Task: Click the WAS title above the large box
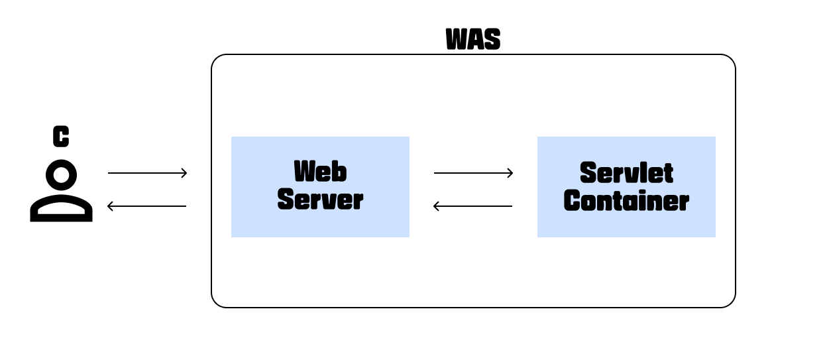click(x=473, y=40)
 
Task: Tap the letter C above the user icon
click(x=61, y=137)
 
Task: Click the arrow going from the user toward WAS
click(x=147, y=174)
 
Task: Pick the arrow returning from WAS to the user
click(x=147, y=206)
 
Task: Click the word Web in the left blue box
click(x=320, y=172)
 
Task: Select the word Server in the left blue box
click(x=320, y=200)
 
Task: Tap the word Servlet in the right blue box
click(x=626, y=173)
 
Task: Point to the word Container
click(x=626, y=201)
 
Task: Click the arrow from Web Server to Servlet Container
click(x=473, y=174)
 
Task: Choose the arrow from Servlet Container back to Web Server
click(x=473, y=206)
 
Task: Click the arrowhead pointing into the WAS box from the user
click(x=184, y=174)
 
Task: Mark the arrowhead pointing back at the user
click(x=111, y=206)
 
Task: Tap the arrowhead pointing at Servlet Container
click(x=510, y=174)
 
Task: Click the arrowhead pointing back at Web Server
click(x=437, y=206)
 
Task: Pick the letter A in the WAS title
click(x=476, y=40)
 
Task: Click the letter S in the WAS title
click(x=492, y=40)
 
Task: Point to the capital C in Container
click(x=573, y=201)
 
